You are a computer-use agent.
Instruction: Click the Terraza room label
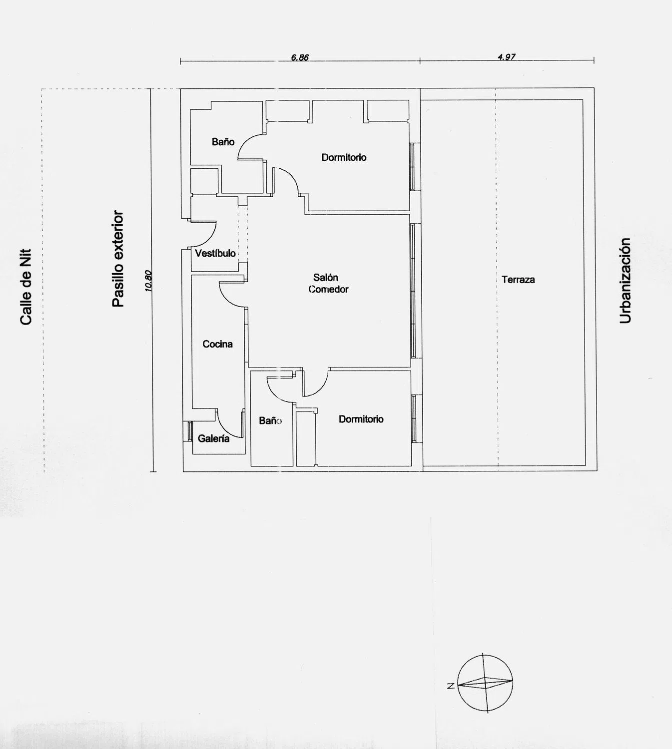click(518, 280)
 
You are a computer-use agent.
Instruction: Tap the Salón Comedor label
click(328, 283)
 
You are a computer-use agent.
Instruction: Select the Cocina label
click(217, 344)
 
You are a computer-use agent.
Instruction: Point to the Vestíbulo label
click(215, 253)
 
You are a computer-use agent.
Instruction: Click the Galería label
click(213, 438)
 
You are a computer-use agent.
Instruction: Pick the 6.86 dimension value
click(300, 57)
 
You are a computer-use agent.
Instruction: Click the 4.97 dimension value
click(507, 57)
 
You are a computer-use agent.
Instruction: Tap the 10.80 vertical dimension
click(149, 281)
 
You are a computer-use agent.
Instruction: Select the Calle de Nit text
click(26, 287)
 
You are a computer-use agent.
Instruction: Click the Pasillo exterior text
click(118, 259)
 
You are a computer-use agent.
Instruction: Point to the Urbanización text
click(625, 281)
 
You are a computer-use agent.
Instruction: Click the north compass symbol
click(485, 683)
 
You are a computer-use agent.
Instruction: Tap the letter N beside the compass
click(451, 686)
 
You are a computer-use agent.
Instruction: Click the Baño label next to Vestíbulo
click(223, 142)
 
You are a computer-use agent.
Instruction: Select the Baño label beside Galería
click(270, 420)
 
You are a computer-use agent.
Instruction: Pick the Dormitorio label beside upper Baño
click(344, 157)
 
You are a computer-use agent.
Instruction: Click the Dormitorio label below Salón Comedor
click(361, 419)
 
